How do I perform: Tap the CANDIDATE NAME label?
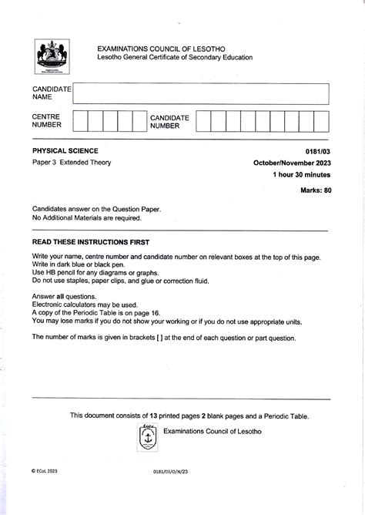pos(51,94)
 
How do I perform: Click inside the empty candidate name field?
pos(200,94)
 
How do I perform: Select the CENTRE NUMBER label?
pos(46,121)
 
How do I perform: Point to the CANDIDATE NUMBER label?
pos(169,121)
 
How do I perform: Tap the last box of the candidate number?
pos(320,121)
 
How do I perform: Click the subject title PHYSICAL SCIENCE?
pos(65,150)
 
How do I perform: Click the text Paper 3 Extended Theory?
pos(72,163)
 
